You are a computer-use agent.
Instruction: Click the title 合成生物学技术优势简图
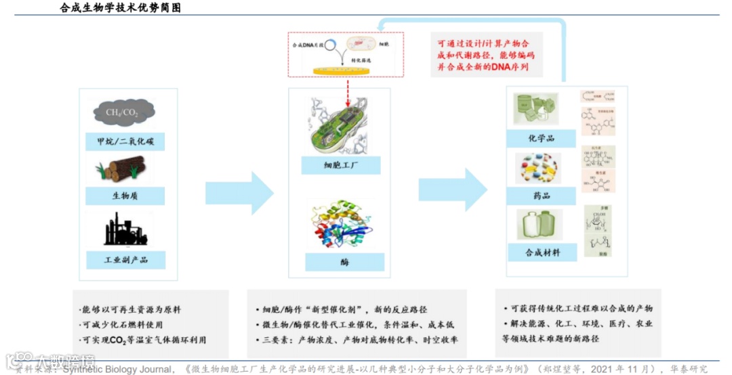pos(120,8)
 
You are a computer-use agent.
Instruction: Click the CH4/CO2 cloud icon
pos(123,113)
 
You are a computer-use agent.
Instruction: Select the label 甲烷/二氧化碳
pos(125,142)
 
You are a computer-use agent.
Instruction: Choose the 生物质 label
pos(125,196)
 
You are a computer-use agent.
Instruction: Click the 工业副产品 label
pos(126,259)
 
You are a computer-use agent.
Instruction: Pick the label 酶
pos(344,262)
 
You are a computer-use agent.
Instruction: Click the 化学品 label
pos(541,138)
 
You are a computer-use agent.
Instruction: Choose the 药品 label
pos(541,196)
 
